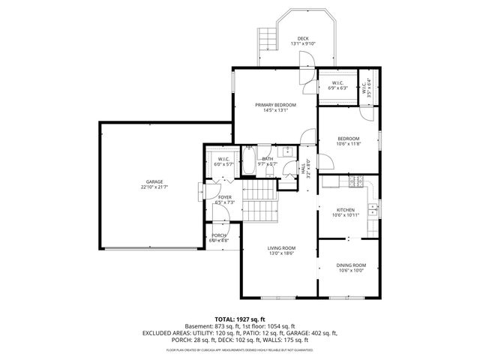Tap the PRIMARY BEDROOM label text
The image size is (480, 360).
275,105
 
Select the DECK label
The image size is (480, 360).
302,38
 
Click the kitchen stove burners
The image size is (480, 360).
356,181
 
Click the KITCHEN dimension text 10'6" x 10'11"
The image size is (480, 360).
346,215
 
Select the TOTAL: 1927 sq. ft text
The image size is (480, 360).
240,319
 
